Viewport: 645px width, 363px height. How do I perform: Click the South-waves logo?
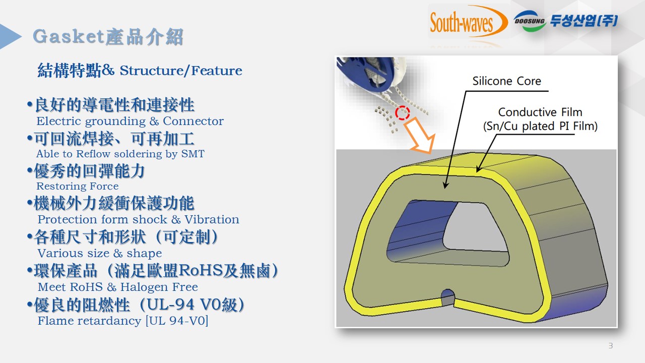click(469, 22)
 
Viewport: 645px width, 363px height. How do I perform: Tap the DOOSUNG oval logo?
click(529, 21)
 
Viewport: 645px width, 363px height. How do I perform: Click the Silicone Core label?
click(506, 81)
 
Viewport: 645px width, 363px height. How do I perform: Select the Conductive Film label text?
click(540, 112)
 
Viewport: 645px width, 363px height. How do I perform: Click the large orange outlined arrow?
click(420, 136)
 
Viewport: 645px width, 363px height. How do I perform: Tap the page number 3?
click(610, 346)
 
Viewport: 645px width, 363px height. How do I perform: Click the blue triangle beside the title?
click(11, 36)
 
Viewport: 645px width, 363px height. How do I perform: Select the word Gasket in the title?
click(68, 37)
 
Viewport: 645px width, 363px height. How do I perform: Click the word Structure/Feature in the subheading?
click(181, 71)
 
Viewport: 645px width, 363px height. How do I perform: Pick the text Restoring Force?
click(78, 187)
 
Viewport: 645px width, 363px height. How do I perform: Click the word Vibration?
click(212, 219)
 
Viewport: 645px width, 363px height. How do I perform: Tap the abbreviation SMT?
click(192, 154)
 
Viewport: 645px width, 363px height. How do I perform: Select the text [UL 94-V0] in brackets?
click(177, 321)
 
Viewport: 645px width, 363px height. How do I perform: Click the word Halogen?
click(144, 287)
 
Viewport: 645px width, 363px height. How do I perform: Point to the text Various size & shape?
click(100, 254)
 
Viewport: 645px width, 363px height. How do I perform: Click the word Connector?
click(193, 122)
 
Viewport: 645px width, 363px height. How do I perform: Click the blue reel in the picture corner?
click(367, 72)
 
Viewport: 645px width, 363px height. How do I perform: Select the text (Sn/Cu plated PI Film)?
click(540, 126)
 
